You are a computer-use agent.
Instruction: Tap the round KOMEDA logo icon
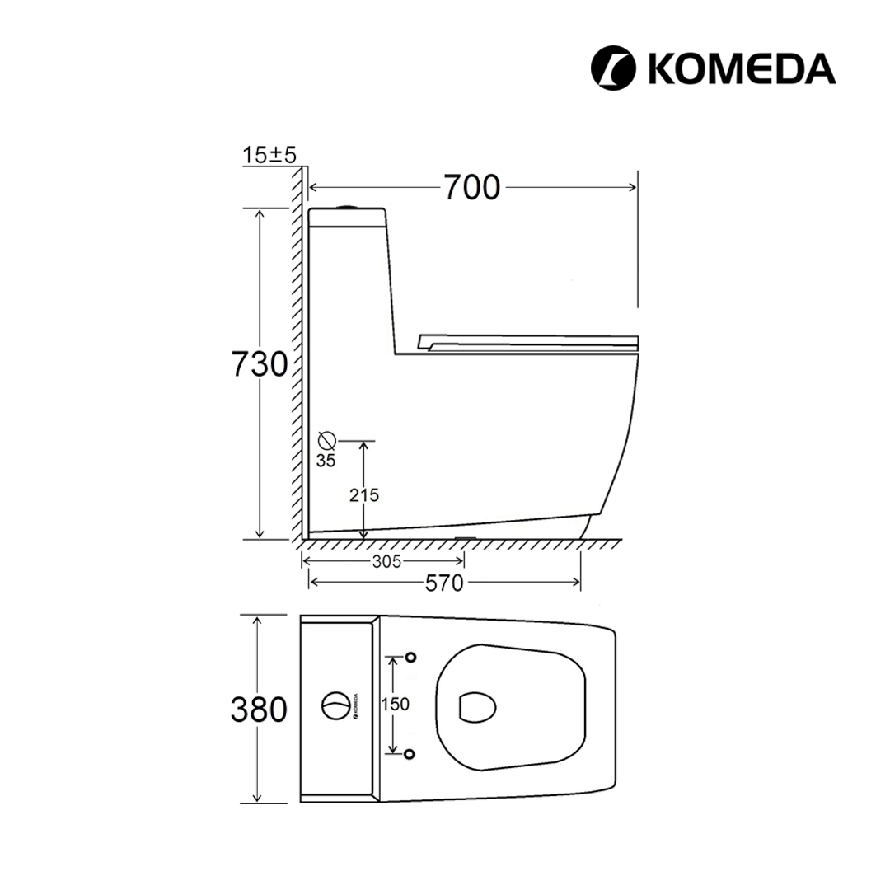[613, 68]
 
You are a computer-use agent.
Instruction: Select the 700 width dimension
[471, 187]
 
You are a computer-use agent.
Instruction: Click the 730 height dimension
[260, 364]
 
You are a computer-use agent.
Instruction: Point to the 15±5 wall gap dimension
[269, 154]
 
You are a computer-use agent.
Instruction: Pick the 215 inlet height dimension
[364, 495]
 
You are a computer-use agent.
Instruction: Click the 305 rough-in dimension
[386, 562]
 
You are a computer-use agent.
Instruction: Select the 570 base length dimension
[444, 583]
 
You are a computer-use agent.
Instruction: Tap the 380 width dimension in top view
[259, 710]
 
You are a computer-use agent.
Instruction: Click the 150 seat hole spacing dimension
[395, 705]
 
